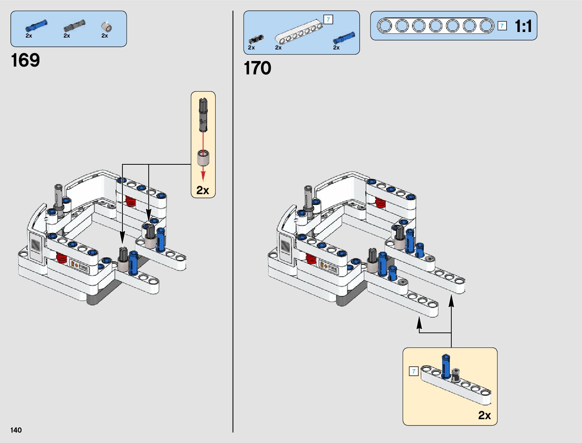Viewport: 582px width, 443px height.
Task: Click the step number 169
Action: click(x=25, y=60)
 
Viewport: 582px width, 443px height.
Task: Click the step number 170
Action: click(x=257, y=68)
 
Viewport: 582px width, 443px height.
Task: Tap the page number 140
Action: click(x=16, y=430)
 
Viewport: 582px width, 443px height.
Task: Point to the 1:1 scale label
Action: click(x=523, y=26)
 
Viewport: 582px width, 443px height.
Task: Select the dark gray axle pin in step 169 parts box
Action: click(x=74, y=26)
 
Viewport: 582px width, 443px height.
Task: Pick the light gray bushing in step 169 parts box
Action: click(x=107, y=27)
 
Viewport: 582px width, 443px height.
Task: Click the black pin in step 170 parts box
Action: click(x=255, y=39)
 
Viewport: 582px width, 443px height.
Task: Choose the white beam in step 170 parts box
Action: click(x=299, y=31)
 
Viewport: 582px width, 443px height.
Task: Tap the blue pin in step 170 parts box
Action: click(x=344, y=38)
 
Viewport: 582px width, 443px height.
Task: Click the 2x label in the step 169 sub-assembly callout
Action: click(x=203, y=190)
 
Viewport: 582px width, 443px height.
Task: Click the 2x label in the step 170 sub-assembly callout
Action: click(x=484, y=415)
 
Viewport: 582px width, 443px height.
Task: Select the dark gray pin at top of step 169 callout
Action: click(x=203, y=115)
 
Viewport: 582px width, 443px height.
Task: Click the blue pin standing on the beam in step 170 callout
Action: click(x=446, y=366)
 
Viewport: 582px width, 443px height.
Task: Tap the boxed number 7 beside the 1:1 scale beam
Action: click(x=502, y=26)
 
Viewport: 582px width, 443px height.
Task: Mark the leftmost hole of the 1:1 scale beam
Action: click(x=385, y=26)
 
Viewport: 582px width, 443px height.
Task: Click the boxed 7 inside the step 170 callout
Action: click(x=414, y=371)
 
